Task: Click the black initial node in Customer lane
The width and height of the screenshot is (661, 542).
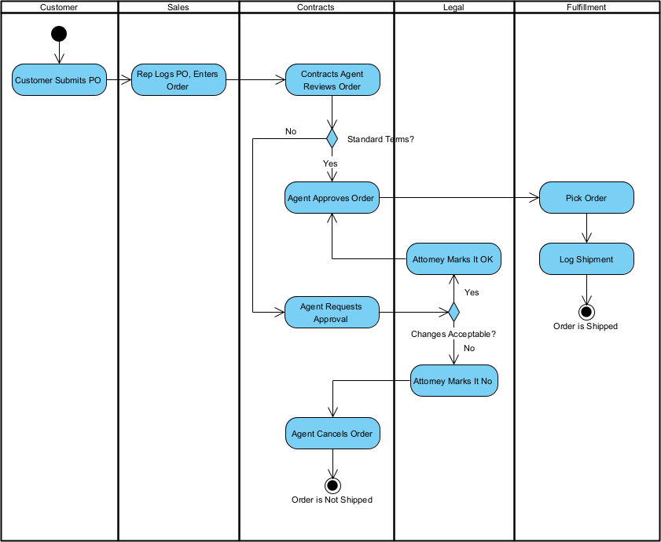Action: click(x=59, y=34)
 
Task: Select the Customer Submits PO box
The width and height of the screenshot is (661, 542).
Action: click(x=59, y=80)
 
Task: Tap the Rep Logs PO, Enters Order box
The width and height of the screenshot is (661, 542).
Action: click(x=178, y=80)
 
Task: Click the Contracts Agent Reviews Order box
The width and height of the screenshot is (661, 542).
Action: click(x=332, y=80)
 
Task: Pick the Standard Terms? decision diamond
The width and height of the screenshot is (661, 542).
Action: click(x=332, y=139)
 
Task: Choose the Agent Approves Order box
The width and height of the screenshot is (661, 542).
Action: click(x=332, y=198)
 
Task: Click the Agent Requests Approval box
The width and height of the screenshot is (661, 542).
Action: click(x=331, y=313)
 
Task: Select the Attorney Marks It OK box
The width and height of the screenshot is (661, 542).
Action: click(x=454, y=259)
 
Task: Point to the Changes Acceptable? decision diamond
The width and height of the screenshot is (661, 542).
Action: click(x=454, y=312)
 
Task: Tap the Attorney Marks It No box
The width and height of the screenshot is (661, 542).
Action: click(x=454, y=381)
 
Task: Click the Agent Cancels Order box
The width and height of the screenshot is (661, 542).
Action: click(x=332, y=434)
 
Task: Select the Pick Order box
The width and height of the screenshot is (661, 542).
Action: click(x=586, y=198)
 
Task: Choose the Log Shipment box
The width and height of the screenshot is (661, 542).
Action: click(x=586, y=259)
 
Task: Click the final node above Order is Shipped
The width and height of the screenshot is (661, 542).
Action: click(x=586, y=311)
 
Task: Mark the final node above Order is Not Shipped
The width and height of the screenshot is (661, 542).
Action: click(x=332, y=485)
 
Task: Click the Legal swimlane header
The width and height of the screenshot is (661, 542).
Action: click(x=454, y=7)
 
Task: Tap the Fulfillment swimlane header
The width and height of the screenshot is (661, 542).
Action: click(x=586, y=7)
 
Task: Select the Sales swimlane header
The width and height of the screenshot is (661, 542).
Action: click(x=178, y=7)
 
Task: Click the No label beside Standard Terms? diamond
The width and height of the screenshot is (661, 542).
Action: click(x=291, y=131)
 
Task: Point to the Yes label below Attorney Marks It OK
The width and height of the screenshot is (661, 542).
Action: click(x=472, y=292)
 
